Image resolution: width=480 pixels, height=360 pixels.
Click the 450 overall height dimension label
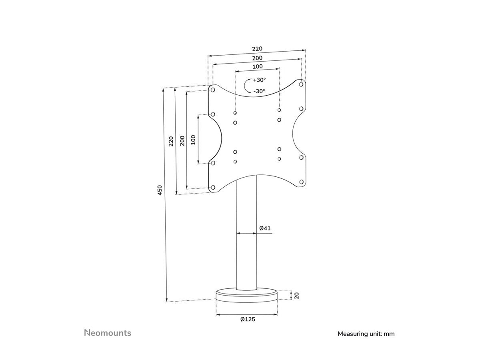click(160, 190)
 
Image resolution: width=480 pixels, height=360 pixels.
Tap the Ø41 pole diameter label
click(265, 228)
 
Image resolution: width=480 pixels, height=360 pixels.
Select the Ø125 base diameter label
click(248, 319)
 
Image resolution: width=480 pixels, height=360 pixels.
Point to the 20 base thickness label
click(297, 296)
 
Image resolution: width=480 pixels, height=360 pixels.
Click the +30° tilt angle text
click(259, 80)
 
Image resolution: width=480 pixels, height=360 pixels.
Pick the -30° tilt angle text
click(259, 91)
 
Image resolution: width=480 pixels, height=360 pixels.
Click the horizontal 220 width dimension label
click(257, 49)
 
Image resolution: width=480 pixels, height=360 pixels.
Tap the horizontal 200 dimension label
click(257, 58)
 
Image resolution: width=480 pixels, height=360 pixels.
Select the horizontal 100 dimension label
click(257, 66)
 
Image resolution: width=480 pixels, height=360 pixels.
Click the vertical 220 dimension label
click(171, 141)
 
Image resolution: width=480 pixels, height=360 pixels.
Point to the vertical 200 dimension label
click(182, 141)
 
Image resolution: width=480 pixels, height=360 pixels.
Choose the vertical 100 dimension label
click(193, 140)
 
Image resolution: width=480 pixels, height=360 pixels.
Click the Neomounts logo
click(108, 333)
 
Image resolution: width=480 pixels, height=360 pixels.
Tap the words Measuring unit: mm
click(366, 334)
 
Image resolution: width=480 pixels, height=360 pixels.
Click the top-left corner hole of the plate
click(213, 90)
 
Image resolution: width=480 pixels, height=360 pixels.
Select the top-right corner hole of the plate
click(301, 84)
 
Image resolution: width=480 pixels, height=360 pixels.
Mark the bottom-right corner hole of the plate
click(301, 182)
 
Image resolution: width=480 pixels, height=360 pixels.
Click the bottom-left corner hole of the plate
click(213, 187)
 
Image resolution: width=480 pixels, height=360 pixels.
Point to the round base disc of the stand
click(247, 296)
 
